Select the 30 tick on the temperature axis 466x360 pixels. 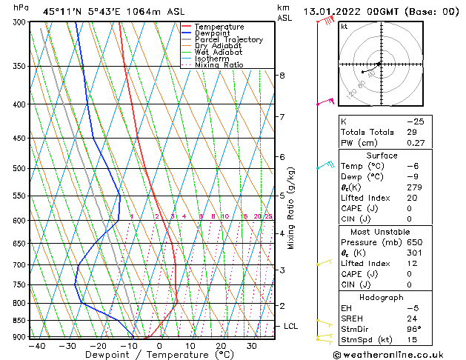[x=252, y=345]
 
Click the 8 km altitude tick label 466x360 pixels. [x=282, y=75]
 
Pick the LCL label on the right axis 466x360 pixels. [x=290, y=326]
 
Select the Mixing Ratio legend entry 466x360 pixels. [x=219, y=65]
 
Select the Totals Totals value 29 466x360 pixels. [x=413, y=132]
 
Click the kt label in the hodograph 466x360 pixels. [x=344, y=27]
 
